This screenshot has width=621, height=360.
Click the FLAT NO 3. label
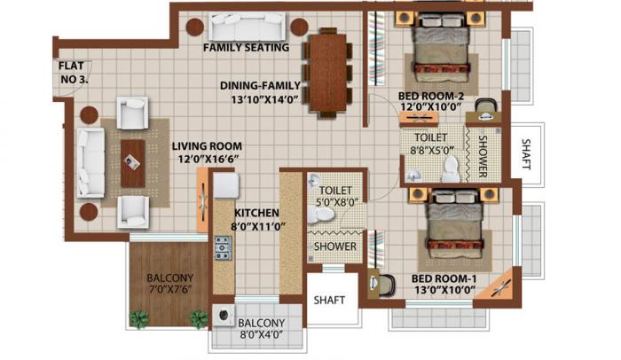coord(73,72)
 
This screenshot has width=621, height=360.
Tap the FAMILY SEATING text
coord(246,47)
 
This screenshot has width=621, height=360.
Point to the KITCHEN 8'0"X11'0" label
coord(259,219)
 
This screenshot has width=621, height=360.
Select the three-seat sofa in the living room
coord(91,161)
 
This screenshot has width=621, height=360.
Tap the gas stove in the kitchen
coord(222,250)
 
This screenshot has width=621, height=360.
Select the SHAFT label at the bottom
coord(332,300)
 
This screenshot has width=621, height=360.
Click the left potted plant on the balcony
coord(138,317)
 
